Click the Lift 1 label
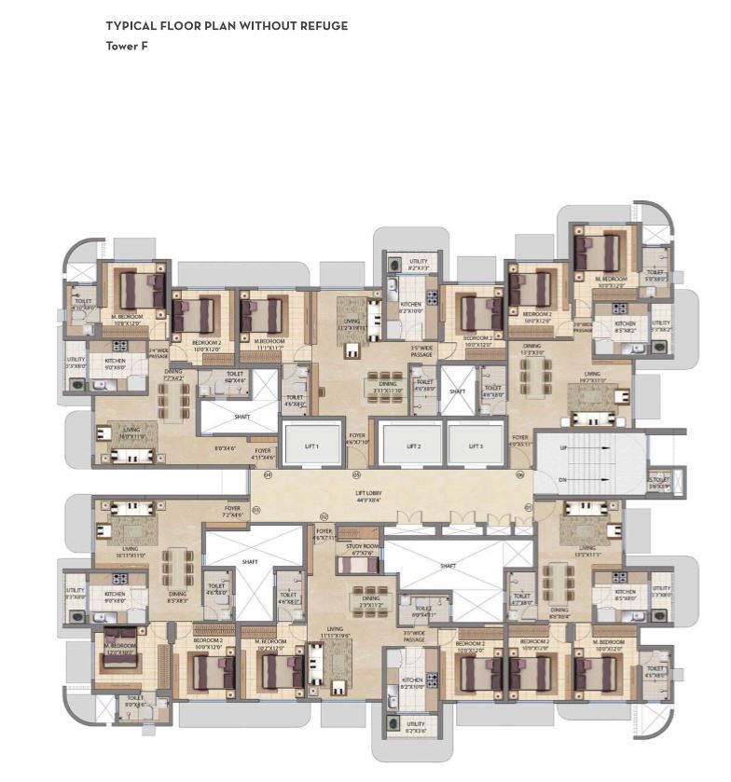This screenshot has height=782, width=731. [310, 447]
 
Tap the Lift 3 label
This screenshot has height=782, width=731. [476, 447]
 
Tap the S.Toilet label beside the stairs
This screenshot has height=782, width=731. [660, 483]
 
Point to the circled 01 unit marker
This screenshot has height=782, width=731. [529, 507]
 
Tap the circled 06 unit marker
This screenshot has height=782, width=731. [520, 475]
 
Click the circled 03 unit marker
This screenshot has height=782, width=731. [257, 509]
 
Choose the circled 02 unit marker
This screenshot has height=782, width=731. [324, 516]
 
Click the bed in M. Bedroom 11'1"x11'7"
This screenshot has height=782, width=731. [264, 314]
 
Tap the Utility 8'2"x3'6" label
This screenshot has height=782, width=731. [416, 726]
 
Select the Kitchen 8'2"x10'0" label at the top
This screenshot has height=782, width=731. [410, 307]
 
